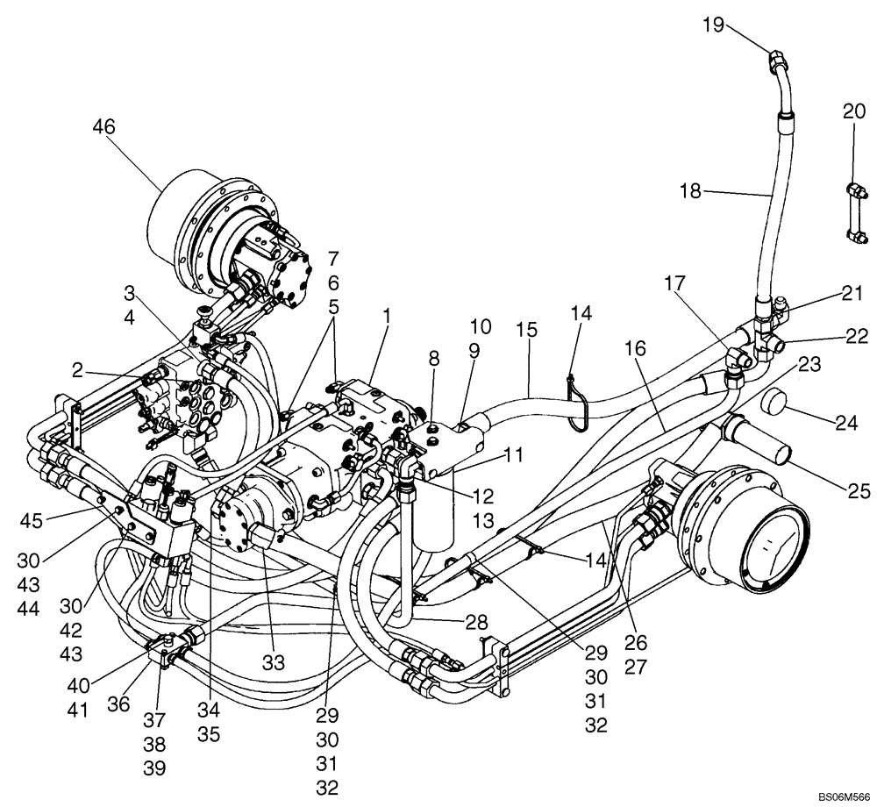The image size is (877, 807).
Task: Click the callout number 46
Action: point(103,127)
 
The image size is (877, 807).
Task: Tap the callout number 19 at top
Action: point(712,24)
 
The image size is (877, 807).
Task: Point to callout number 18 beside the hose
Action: point(690,190)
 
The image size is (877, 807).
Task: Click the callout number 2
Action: point(78,372)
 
